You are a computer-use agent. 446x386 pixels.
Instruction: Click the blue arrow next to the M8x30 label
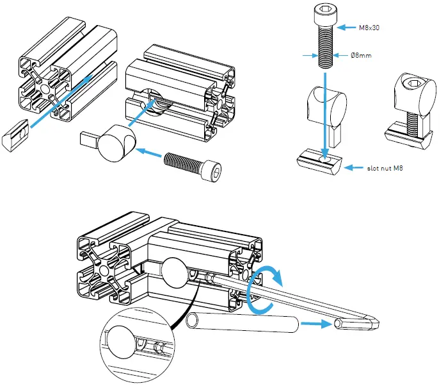pos(349,28)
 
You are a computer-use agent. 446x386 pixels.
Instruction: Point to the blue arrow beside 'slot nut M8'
pos(354,168)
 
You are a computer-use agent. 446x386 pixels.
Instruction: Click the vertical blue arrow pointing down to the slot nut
pos(325,115)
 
